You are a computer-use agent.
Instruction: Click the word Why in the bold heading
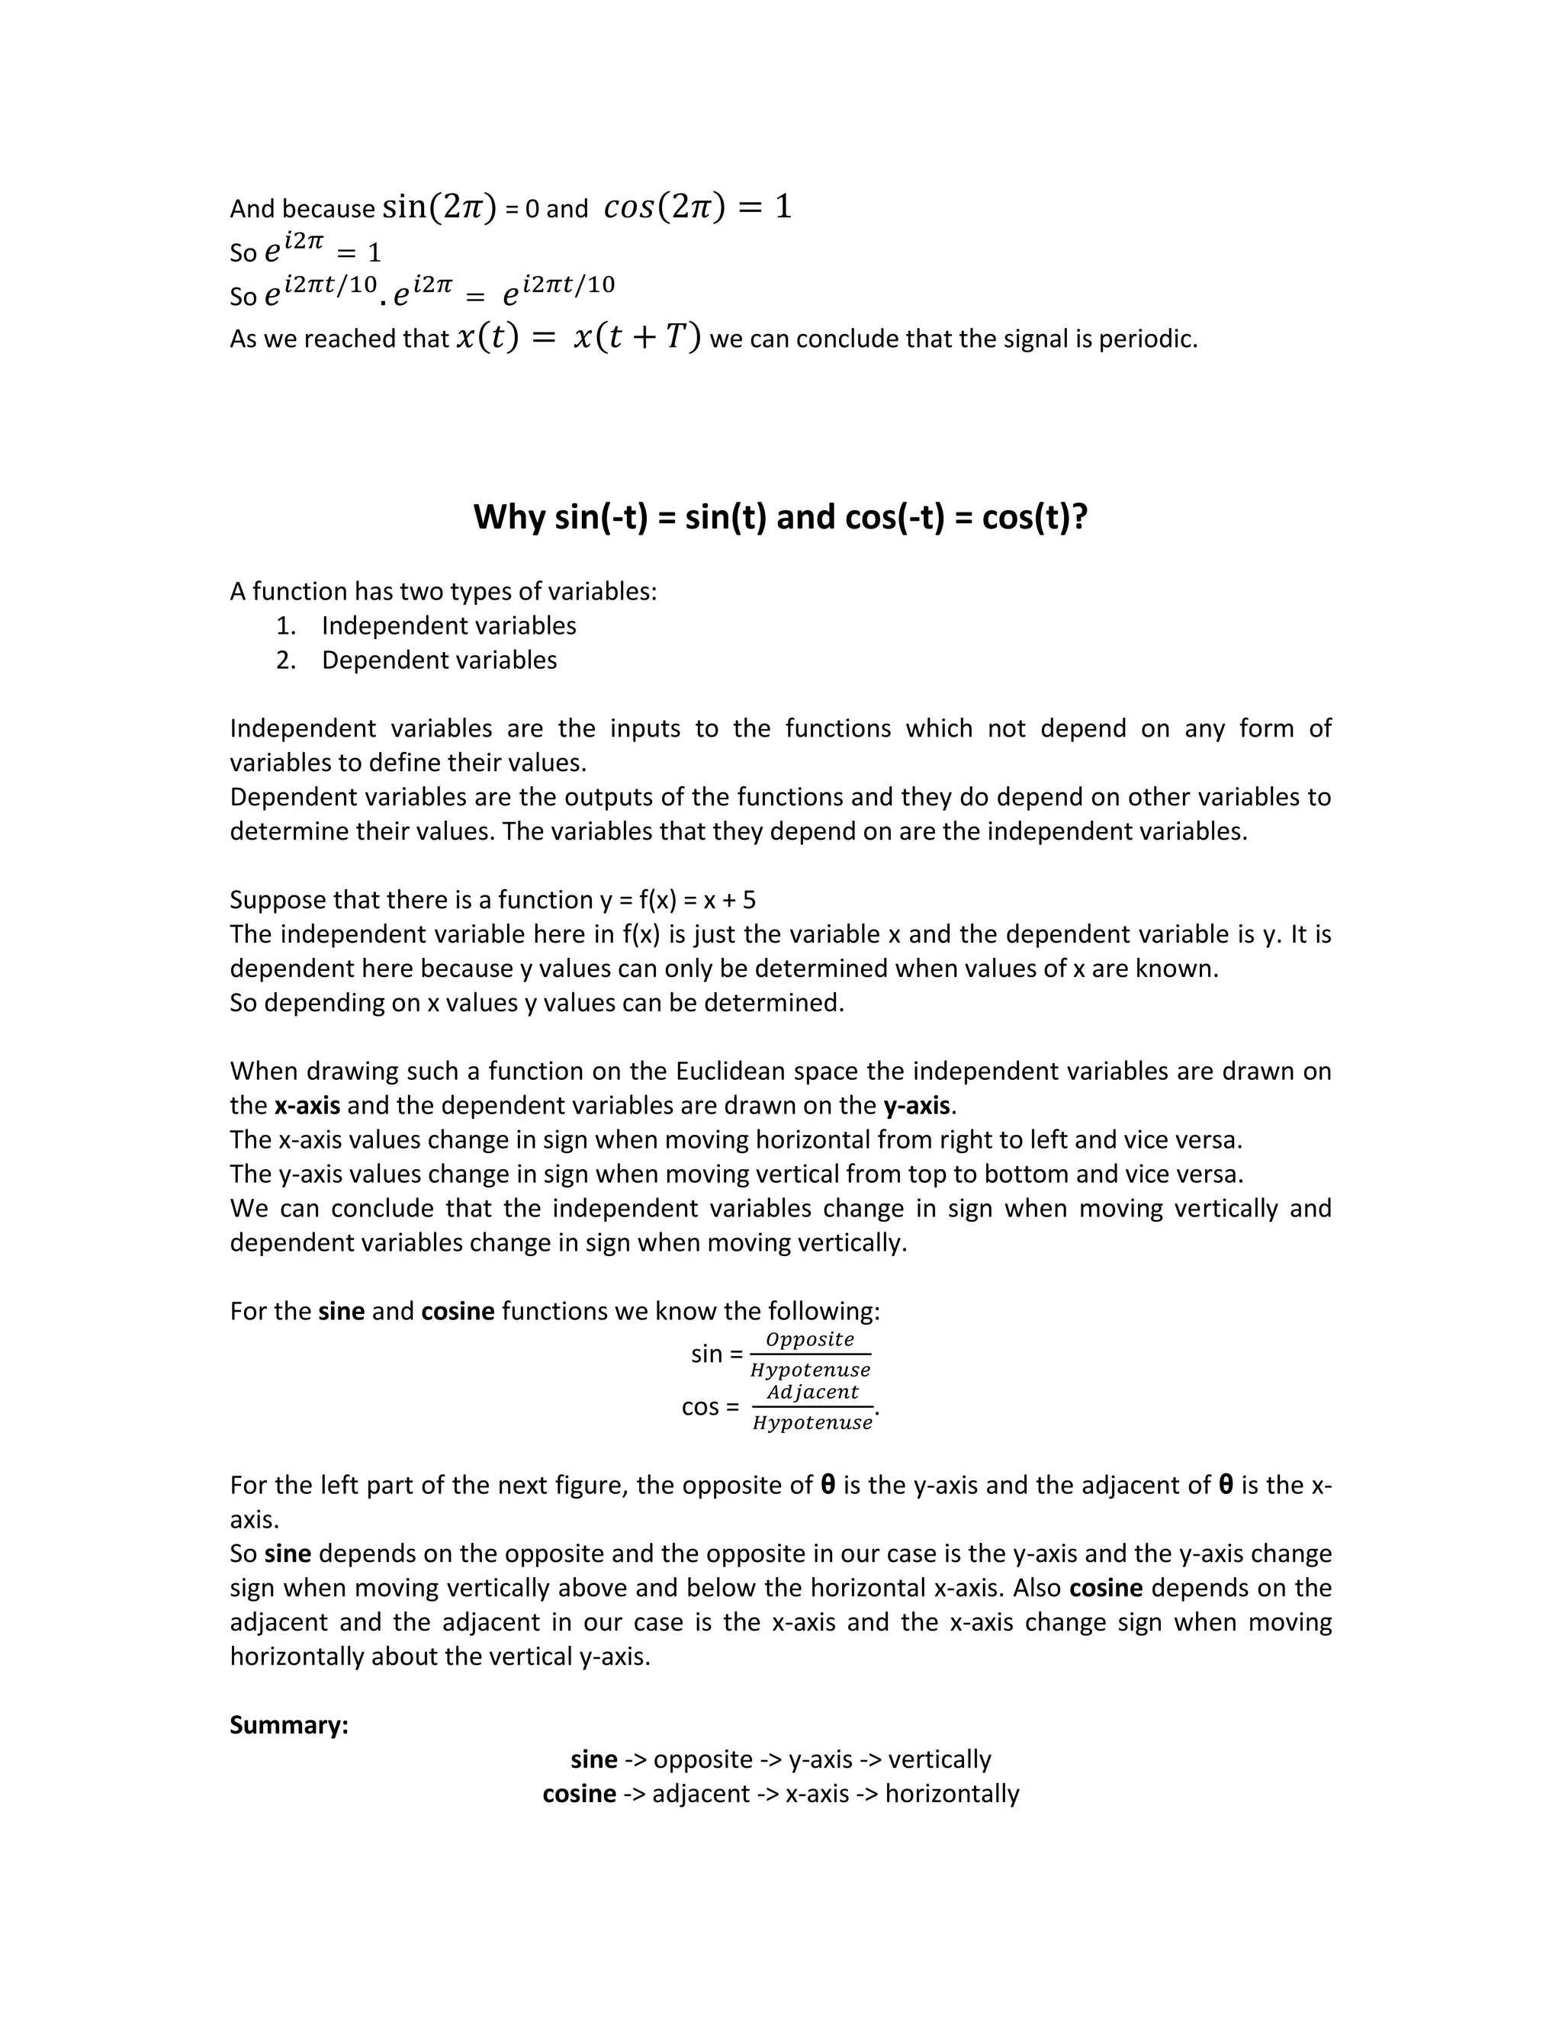pyautogui.click(x=508, y=516)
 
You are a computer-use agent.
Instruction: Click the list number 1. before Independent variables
pyautogui.click(x=285, y=626)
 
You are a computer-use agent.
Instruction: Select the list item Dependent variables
pyautogui.click(x=439, y=660)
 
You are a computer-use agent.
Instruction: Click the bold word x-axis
pyautogui.click(x=307, y=1106)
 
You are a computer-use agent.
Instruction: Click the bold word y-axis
pyautogui.click(x=916, y=1106)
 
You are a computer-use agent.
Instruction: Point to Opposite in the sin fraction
pyautogui.click(x=810, y=1339)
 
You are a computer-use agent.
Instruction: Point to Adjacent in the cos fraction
pyautogui.click(x=812, y=1392)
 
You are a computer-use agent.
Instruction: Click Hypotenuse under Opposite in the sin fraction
pyautogui.click(x=810, y=1370)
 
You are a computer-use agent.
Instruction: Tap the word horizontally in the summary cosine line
pyautogui.click(x=951, y=1794)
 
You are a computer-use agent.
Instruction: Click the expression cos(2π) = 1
pyautogui.click(x=698, y=207)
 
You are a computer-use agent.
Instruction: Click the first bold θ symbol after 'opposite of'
pyautogui.click(x=828, y=1485)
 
